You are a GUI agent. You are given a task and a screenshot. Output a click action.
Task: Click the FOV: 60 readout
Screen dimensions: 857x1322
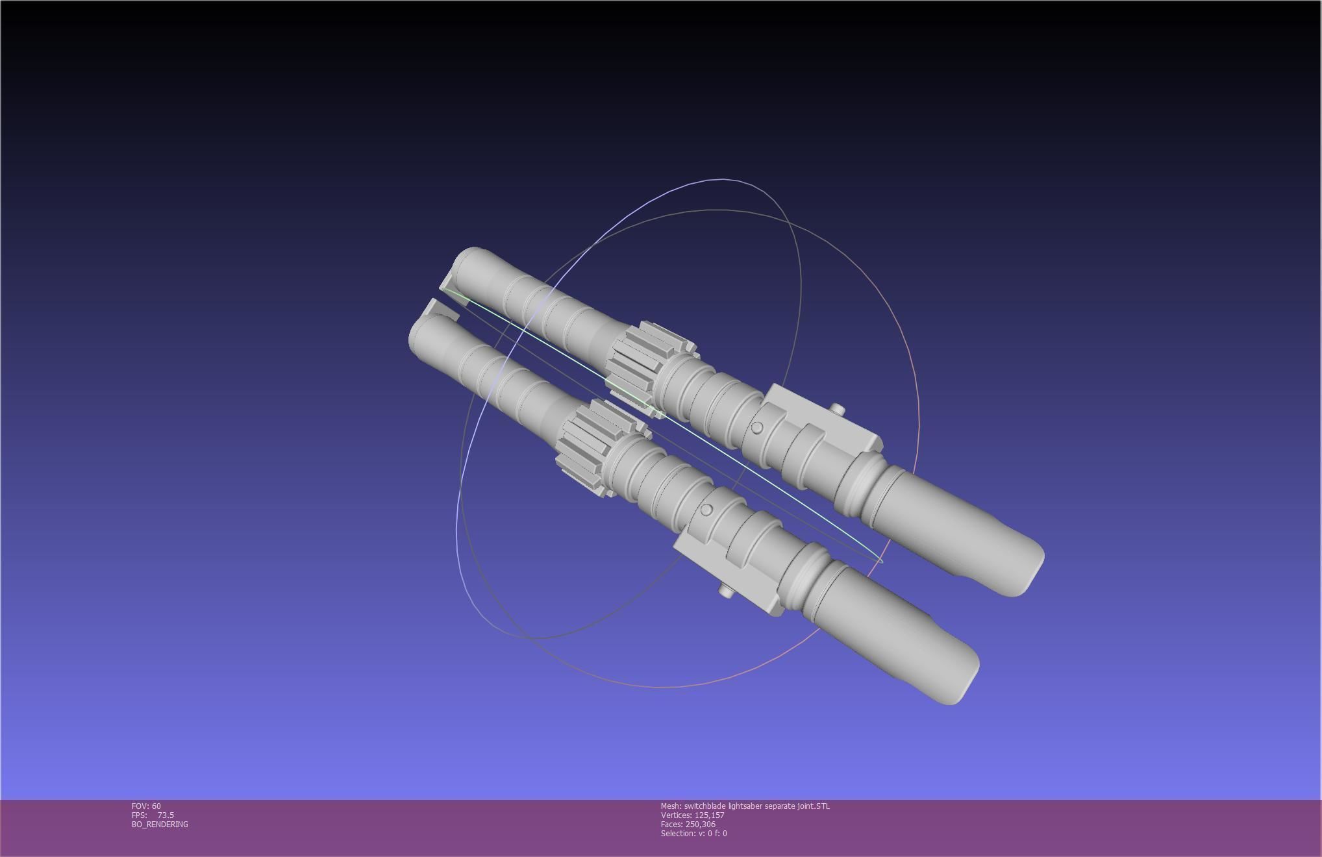click(146, 806)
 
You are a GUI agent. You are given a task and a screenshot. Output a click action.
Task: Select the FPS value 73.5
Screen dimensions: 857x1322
click(166, 815)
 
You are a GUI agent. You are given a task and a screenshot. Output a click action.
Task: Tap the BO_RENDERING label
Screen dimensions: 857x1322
click(160, 824)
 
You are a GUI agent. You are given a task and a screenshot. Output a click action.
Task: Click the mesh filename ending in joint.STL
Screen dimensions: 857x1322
click(756, 806)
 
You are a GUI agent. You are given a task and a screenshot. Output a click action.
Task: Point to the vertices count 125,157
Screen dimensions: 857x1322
click(709, 815)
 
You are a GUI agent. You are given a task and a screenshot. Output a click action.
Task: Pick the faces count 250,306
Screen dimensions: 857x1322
click(700, 824)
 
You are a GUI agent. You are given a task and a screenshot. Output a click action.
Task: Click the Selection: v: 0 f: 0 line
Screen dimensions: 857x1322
click(693, 833)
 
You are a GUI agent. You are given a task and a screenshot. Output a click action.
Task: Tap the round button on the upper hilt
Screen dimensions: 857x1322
click(757, 428)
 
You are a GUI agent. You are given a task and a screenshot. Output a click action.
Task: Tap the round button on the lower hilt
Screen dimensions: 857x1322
click(707, 510)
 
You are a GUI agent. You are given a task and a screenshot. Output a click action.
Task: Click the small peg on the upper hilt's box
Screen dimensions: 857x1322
click(837, 409)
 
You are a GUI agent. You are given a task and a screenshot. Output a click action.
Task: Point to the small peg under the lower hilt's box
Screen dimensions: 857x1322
click(725, 591)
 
